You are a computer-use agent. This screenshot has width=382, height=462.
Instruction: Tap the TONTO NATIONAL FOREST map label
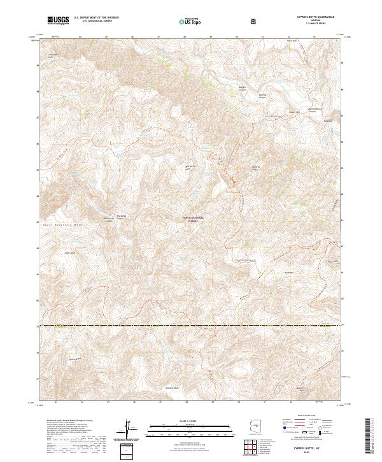point(191,218)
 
